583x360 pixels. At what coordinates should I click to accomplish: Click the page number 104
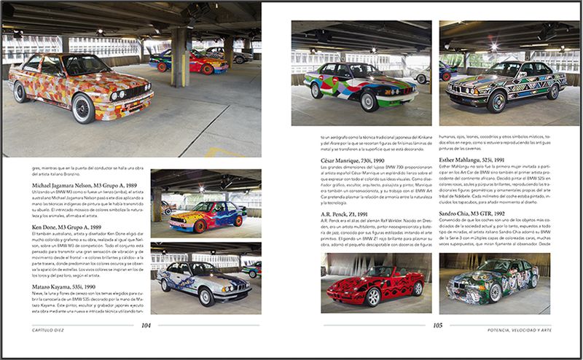(x=146, y=326)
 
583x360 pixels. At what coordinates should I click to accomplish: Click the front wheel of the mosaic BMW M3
(x=85, y=109)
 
